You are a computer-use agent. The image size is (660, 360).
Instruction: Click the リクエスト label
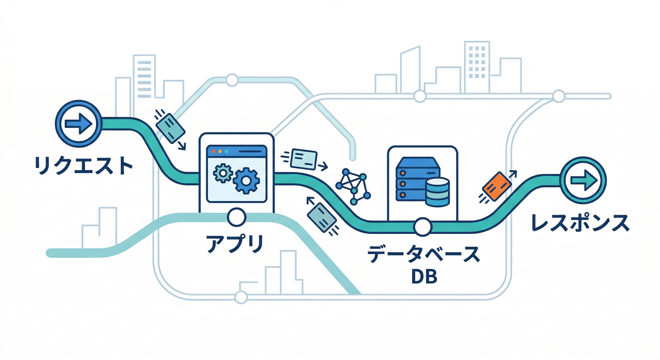83,166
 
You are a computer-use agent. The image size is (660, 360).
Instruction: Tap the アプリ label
235,244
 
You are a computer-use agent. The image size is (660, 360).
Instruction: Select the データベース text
424,255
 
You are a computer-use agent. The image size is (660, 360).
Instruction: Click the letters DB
424,277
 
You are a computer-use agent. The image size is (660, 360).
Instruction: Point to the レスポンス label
580,223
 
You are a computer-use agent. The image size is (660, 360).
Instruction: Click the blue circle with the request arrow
79,123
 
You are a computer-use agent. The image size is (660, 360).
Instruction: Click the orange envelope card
497,186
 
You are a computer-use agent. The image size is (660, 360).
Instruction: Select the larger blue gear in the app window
246,180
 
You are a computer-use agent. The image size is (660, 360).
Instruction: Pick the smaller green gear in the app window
223,173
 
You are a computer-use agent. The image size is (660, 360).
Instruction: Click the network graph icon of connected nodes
353,187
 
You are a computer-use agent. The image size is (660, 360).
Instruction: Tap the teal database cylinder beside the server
437,192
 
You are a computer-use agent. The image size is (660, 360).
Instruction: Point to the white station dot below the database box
422,227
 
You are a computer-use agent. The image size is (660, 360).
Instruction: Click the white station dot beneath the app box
236,217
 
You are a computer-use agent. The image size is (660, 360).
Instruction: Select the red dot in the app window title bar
213,151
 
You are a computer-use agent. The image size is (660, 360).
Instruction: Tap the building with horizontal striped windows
144,76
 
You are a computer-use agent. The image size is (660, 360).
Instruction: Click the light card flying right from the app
303,159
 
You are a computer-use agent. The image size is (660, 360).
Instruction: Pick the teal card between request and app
170,128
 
